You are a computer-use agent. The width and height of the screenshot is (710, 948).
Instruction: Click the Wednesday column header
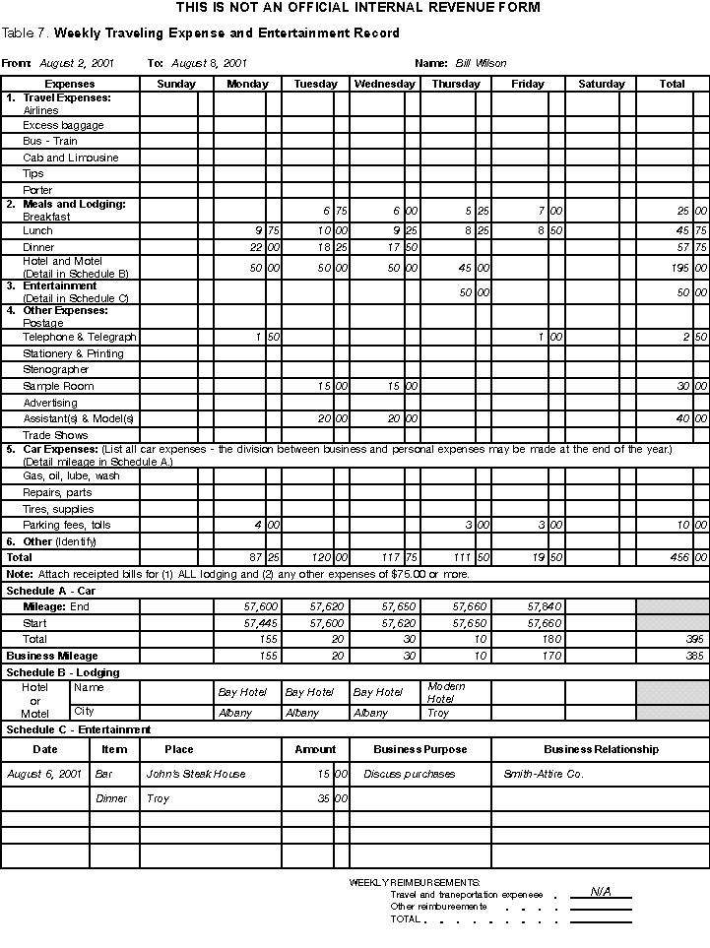pyautogui.click(x=385, y=84)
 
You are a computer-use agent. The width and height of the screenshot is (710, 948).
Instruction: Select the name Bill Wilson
pyautogui.click(x=481, y=63)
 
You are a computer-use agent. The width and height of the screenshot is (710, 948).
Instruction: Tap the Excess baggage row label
pyautogui.click(x=63, y=125)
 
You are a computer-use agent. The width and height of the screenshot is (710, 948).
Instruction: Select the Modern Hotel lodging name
pyautogui.click(x=446, y=692)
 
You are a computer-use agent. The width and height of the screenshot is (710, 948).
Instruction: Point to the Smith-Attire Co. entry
pyautogui.click(x=544, y=774)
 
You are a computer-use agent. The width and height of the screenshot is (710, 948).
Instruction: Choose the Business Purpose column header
pyautogui.click(x=420, y=749)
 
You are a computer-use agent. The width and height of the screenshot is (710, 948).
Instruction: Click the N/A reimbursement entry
pyautogui.click(x=601, y=892)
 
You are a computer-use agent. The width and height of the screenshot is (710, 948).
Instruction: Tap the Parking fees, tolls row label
pyautogui.click(x=67, y=525)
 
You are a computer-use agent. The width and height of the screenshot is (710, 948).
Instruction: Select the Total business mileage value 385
pyautogui.click(x=694, y=656)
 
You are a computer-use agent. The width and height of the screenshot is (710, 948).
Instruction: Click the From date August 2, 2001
pyautogui.click(x=77, y=63)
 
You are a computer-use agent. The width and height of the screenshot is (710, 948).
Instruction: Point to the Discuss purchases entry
pyautogui.click(x=410, y=774)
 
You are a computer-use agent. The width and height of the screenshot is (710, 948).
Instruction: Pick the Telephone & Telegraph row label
pyautogui.click(x=79, y=337)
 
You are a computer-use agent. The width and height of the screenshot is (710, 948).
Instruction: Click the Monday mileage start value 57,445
pyautogui.click(x=261, y=623)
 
